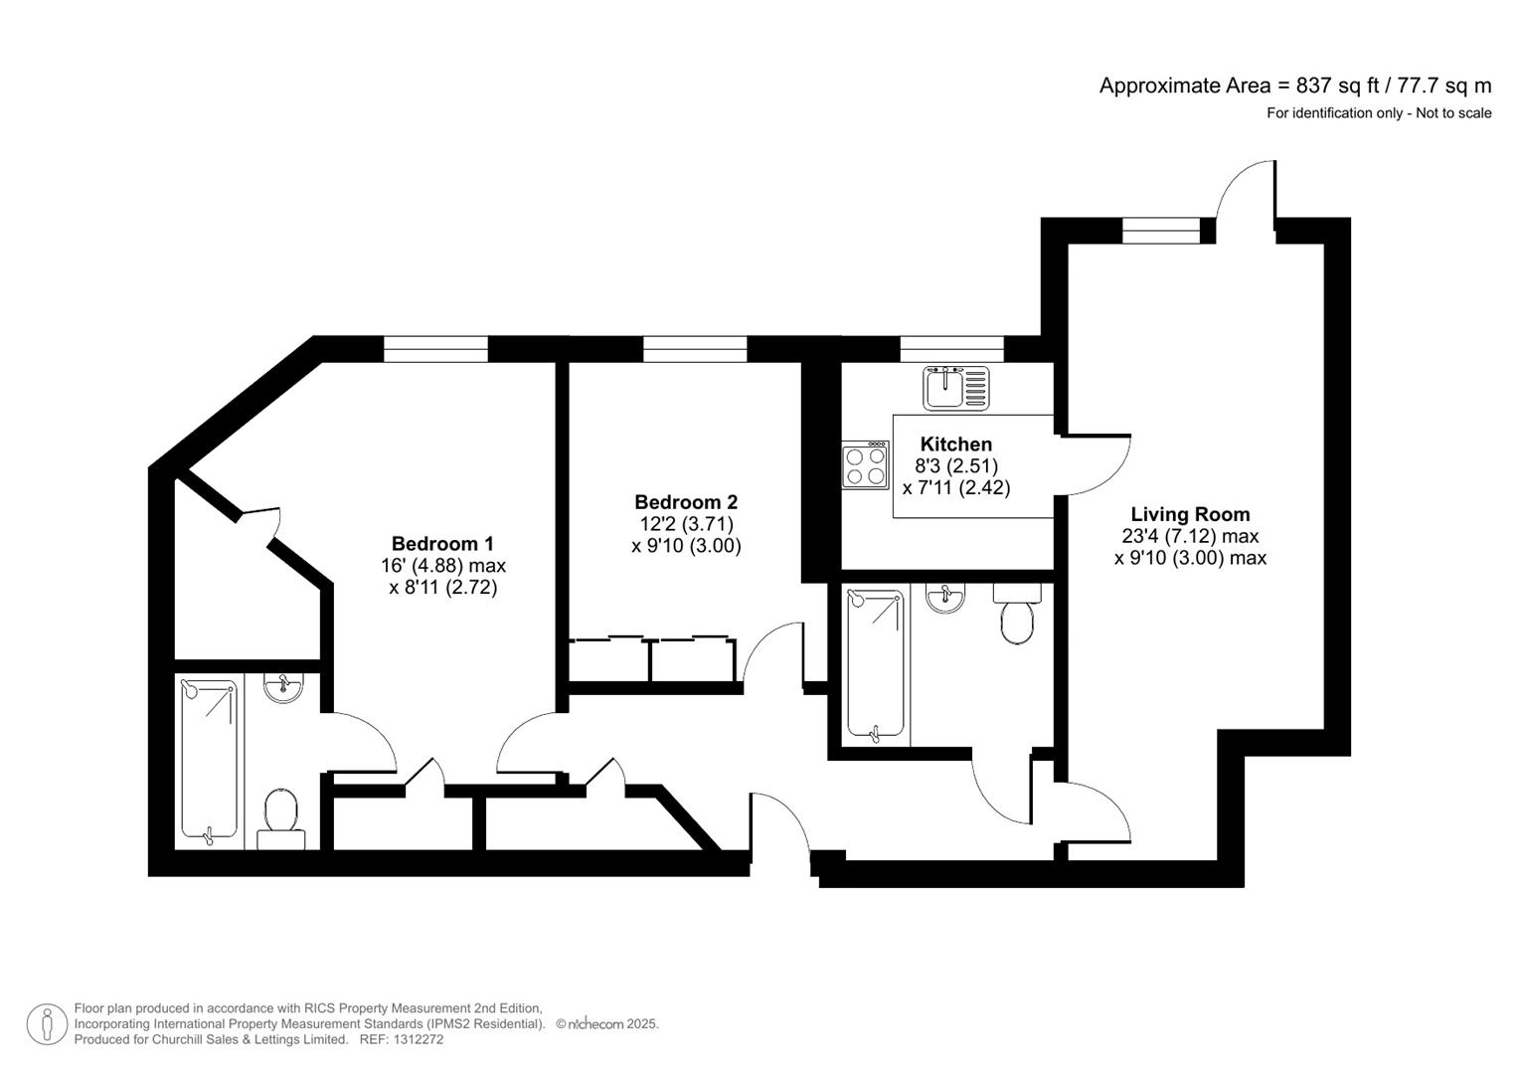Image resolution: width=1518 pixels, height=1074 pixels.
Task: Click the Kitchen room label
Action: pos(955,445)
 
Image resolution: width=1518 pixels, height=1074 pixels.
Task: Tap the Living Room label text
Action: pos(1190,514)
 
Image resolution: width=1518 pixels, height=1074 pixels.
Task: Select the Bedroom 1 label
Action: pos(442,543)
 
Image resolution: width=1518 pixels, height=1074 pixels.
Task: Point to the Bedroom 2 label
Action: pos(686,502)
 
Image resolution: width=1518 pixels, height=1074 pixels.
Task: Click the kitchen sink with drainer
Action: pos(956,388)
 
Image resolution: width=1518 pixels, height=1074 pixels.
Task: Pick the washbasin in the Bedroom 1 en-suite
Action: pos(284,687)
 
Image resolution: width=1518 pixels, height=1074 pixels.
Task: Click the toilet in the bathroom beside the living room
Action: pos(1016,616)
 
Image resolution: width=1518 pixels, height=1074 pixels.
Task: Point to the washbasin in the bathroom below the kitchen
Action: pos(944,598)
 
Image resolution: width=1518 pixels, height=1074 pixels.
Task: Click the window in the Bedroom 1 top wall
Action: pos(435,349)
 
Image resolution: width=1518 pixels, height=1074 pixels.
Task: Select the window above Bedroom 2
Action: pos(695,349)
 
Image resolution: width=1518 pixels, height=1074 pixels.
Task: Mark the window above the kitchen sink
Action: pos(951,349)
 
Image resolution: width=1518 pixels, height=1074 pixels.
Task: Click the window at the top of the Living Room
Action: pos(1161,230)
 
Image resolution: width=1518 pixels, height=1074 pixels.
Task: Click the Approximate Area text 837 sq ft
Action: pos(1294,86)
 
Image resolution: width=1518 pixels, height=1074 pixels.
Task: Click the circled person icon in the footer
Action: pos(47,1024)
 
